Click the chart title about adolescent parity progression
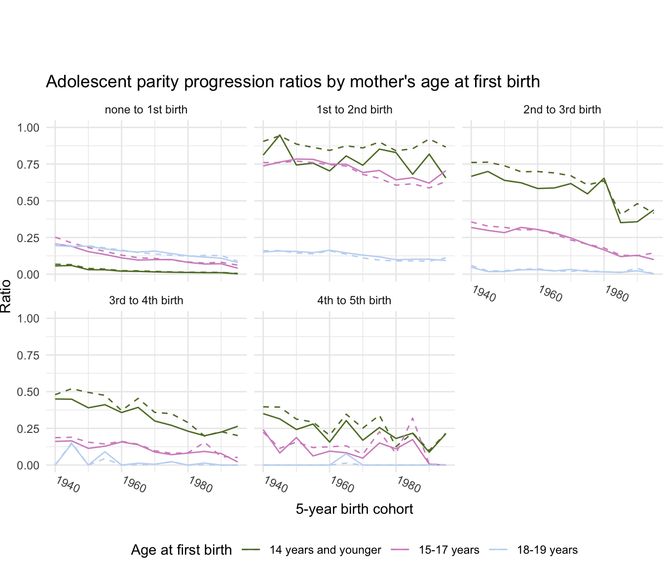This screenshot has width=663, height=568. pos(293,81)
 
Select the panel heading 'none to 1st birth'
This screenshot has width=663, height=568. pos(146,109)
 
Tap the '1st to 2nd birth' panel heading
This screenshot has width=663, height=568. pos(354,109)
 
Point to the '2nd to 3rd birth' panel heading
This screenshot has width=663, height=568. pos(562,109)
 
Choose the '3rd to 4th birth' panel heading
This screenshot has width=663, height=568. pos(146,300)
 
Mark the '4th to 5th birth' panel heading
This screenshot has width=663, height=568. pos(354,300)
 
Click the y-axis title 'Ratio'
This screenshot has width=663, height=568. pos(6,296)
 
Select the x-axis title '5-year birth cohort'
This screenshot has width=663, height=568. pos(354,509)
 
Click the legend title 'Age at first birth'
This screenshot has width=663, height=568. pos(181,550)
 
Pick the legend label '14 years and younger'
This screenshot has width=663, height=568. pos(325,550)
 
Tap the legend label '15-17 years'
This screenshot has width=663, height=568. pos(449,550)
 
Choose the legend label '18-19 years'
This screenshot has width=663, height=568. pos(547,550)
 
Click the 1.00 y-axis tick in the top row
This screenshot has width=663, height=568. pos(28,128)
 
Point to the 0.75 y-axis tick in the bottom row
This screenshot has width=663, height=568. pos(28,355)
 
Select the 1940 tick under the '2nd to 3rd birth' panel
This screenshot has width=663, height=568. pos(483,294)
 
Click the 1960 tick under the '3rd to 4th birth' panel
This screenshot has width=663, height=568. pos(134,485)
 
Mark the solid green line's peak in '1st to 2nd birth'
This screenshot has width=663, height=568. pos(280,135)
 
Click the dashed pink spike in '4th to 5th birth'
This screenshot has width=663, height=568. pos(412,418)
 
